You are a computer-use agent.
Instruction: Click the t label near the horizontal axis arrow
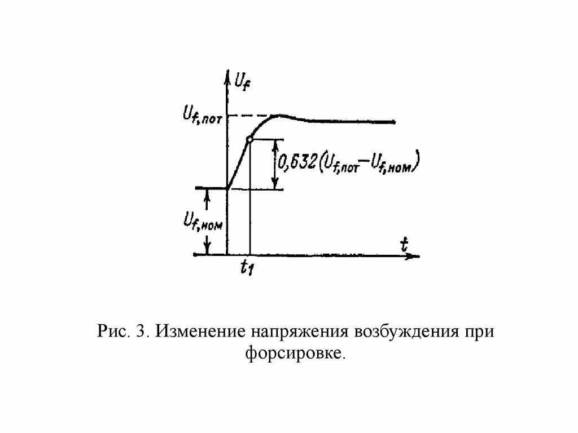click(404, 244)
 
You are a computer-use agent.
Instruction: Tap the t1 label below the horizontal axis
click(246, 268)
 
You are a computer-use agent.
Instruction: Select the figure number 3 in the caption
click(138, 331)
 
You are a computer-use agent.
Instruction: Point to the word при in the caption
click(479, 331)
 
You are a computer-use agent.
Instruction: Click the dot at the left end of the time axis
click(195, 255)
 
